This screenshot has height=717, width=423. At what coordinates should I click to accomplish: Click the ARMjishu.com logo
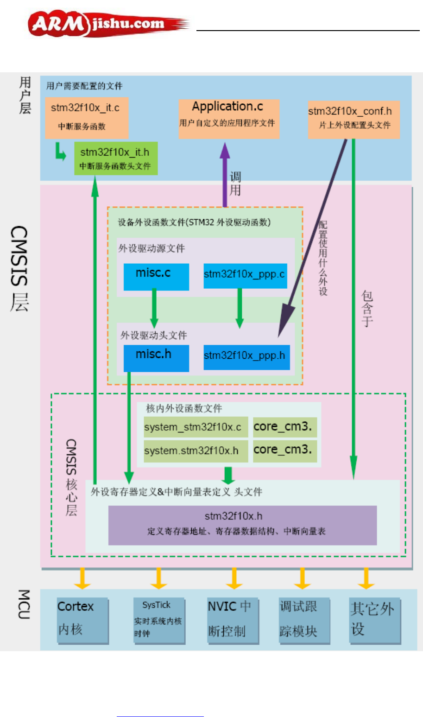click(x=109, y=24)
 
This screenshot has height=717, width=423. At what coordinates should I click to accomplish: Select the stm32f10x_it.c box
click(x=87, y=118)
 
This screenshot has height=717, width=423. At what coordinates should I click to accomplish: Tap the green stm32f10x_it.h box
click(x=116, y=159)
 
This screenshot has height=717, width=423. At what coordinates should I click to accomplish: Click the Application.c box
click(x=229, y=119)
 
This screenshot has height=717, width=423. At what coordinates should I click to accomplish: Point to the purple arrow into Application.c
click(x=225, y=174)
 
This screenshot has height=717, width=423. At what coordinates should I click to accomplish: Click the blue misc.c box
click(x=156, y=277)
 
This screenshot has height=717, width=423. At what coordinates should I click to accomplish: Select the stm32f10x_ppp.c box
click(x=245, y=275)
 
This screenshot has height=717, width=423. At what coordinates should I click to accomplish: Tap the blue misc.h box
click(x=156, y=358)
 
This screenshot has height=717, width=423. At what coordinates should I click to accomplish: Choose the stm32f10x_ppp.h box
click(x=246, y=357)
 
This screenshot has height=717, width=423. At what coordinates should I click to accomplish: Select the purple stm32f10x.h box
click(x=242, y=525)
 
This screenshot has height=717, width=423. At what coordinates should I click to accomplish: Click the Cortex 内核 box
click(x=82, y=620)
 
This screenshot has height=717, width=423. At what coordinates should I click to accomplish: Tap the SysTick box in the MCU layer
click(x=159, y=620)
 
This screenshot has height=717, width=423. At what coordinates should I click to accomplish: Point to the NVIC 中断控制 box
click(x=233, y=620)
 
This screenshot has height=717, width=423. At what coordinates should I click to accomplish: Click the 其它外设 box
click(x=374, y=620)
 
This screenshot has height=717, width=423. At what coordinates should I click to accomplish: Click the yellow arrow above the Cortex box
click(x=82, y=578)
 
